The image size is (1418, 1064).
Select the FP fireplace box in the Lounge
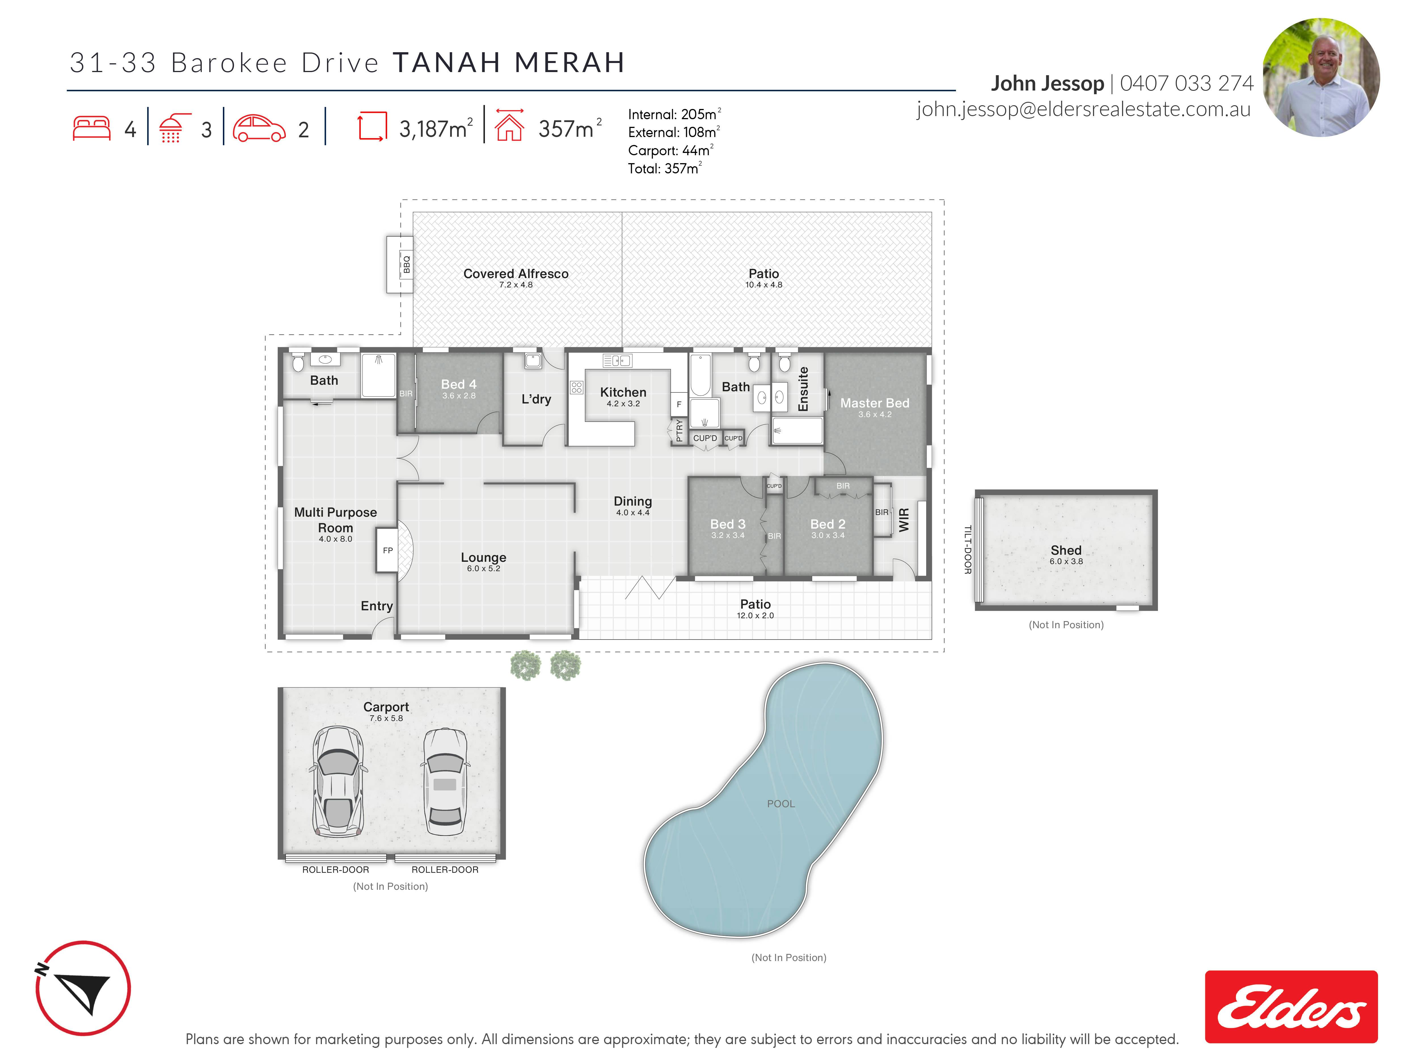coord(387,550)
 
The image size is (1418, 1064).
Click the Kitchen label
coord(623,392)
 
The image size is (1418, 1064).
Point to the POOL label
coord(781,804)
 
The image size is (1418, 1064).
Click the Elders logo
coord(1291,1006)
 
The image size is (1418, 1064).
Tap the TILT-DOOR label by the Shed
coord(968,550)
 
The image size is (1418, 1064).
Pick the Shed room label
coord(1066,550)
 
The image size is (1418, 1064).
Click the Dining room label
coord(633,501)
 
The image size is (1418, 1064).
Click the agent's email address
coord(1083,110)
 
